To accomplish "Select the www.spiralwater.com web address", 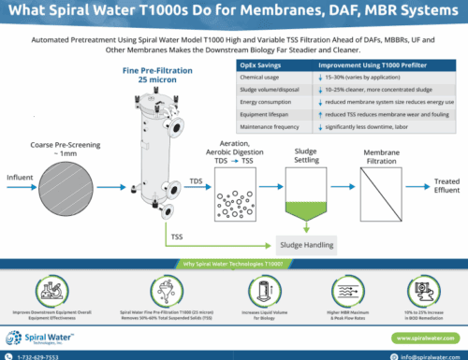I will click(420, 338).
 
